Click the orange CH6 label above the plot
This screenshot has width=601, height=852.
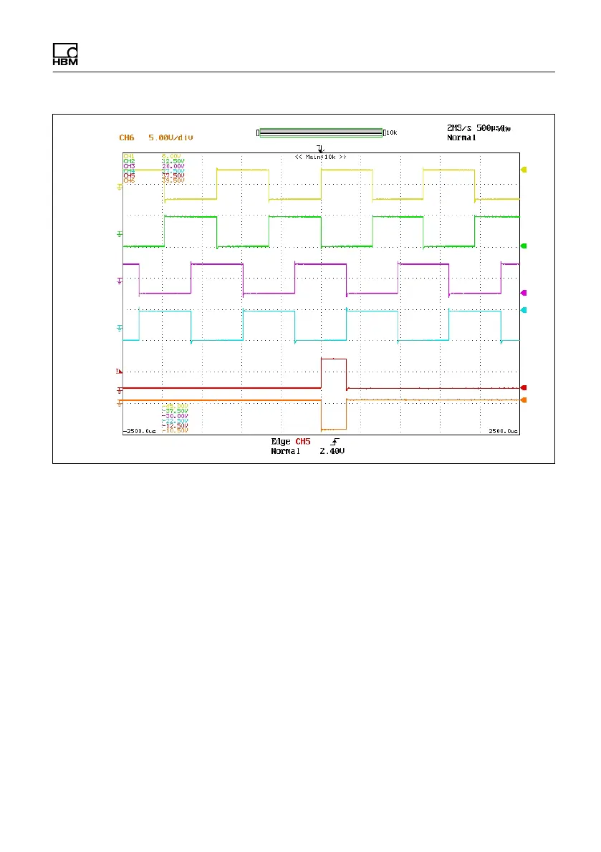(126, 136)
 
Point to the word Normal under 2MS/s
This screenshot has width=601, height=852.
(463, 137)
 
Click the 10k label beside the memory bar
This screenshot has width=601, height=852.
(391, 132)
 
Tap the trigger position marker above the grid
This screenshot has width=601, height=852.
(319, 149)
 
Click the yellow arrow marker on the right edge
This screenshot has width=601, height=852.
(524, 170)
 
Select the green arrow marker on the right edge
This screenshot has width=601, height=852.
(524, 246)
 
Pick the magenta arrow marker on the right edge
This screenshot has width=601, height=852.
(524, 293)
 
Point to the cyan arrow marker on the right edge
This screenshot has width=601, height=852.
(524, 310)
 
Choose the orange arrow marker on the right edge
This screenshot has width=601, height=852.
(524, 400)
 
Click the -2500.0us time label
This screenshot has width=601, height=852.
(139, 432)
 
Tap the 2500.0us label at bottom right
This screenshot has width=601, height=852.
(501, 432)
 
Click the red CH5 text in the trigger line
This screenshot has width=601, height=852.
(303, 442)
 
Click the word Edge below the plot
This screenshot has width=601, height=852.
(280, 442)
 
